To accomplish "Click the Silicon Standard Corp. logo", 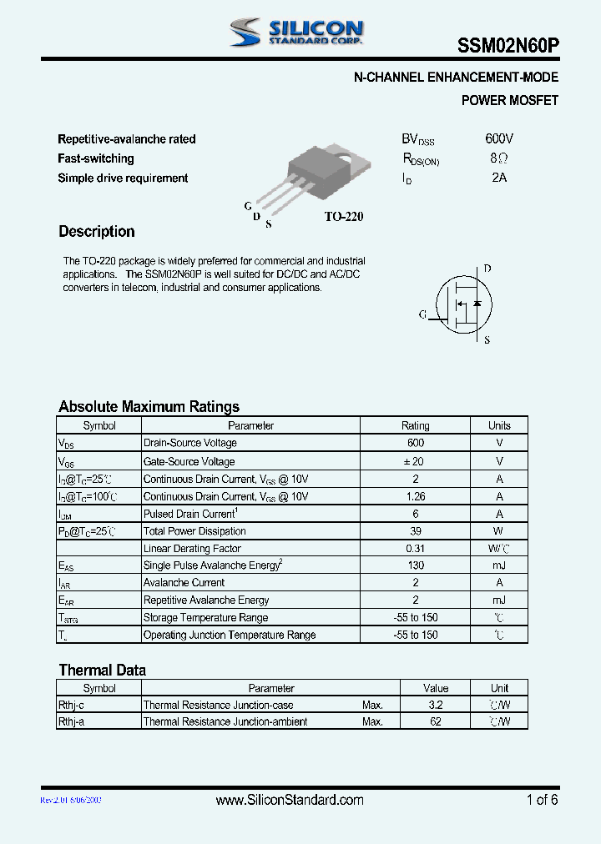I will click(x=296, y=33).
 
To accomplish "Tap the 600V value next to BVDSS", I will click(x=499, y=138).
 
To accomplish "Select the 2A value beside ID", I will click(x=499, y=178).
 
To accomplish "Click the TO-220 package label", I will click(x=344, y=217).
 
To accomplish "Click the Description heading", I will click(x=97, y=232).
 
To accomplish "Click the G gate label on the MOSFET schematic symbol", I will click(x=423, y=314).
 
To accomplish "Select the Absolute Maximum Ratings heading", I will click(x=149, y=407).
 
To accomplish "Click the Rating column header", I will click(x=416, y=425).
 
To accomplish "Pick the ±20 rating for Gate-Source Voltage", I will click(x=416, y=461).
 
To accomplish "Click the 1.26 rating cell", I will click(x=416, y=496).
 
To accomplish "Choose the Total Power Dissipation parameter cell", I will click(x=194, y=531).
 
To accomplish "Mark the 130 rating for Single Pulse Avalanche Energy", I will click(x=416, y=565).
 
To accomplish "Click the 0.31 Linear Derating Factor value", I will click(x=416, y=549).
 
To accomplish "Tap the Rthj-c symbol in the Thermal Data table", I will click(x=71, y=706).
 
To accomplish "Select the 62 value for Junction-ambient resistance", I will click(x=436, y=721).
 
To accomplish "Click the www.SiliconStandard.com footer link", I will click(x=290, y=800).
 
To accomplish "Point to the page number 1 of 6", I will click(x=542, y=800).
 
